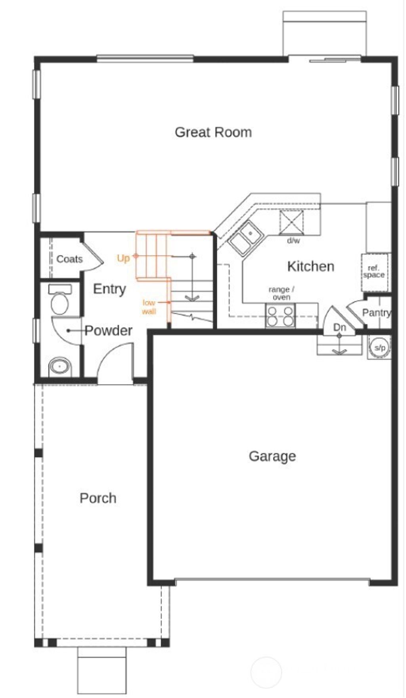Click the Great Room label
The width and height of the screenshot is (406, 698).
point(213,132)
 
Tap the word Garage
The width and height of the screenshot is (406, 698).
point(272,456)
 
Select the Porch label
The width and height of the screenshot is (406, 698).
point(98,498)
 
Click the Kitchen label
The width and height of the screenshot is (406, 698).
point(310,266)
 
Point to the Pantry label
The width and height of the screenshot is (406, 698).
point(376,313)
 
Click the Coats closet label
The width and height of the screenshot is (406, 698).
point(69,259)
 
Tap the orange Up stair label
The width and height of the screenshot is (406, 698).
point(123,258)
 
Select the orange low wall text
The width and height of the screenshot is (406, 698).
point(149,307)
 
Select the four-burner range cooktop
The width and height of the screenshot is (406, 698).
point(280,316)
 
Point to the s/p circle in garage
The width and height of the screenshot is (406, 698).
point(379,348)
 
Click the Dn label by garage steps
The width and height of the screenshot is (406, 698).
point(339,327)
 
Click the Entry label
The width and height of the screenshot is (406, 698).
point(109,289)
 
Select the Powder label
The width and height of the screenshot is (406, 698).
point(108,331)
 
